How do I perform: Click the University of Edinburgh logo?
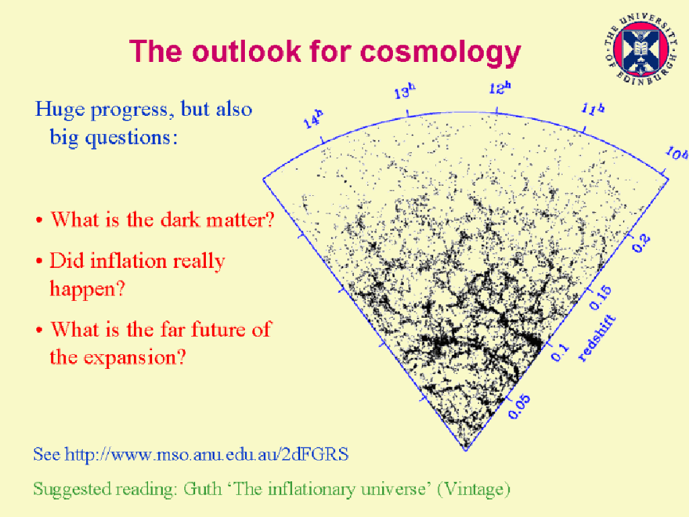[641, 49]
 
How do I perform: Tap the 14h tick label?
[314, 118]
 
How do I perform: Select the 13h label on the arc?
[404, 92]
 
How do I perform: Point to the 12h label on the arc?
[500, 88]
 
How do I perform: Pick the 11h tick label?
[593, 108]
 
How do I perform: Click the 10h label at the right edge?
[677, 154]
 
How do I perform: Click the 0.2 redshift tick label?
[641, 243]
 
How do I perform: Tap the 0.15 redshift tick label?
[600, 297]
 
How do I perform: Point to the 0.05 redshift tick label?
[519, 407]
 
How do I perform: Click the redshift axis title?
[597, 338]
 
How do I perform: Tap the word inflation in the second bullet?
[129, 261]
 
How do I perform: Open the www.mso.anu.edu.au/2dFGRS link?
[207, 454]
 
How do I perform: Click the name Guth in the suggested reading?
[203, 489]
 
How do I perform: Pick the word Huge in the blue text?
[60, 110]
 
